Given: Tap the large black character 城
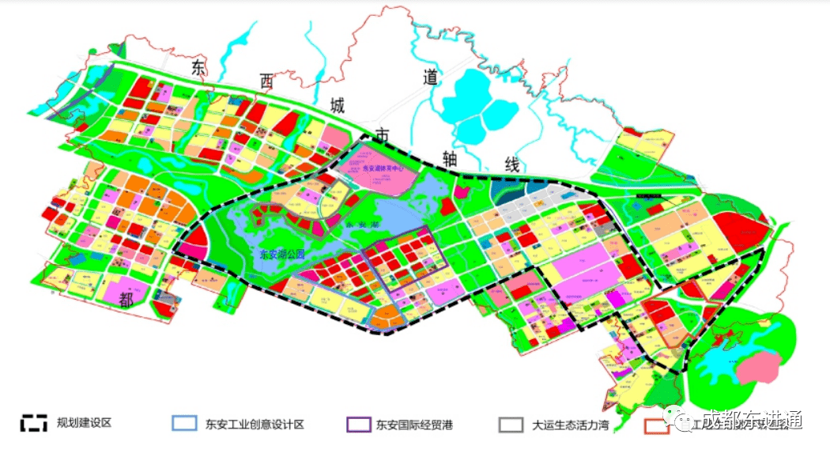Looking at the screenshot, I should (337, 106).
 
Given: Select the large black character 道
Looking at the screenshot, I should (430, 76).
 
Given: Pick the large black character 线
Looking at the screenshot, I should (511, 164).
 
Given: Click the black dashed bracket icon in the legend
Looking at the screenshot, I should (34, 422).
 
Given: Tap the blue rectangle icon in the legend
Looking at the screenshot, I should (184, 423).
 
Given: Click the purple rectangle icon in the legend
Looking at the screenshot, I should (358, 423).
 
